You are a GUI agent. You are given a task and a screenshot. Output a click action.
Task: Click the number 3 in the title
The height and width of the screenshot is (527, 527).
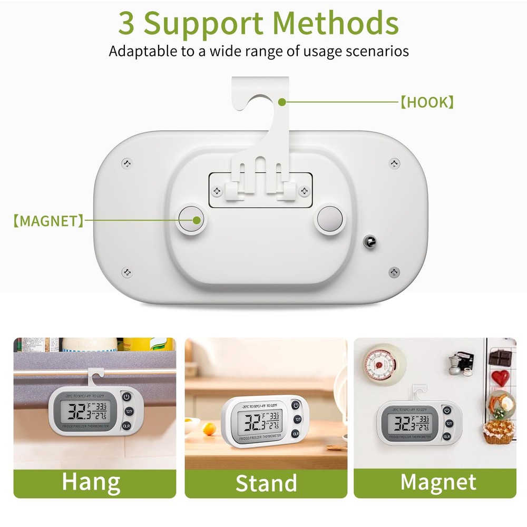(x=126, y=23)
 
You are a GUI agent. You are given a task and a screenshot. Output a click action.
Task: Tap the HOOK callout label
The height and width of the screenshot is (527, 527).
(x=427, y=102)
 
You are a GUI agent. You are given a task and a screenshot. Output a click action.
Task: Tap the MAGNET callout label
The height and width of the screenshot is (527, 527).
(x=48, y=221)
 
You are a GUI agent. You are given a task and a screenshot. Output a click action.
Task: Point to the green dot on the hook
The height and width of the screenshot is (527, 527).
(x=282, y=101)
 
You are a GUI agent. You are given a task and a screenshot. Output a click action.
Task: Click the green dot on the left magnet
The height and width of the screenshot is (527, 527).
(x=197, y=221)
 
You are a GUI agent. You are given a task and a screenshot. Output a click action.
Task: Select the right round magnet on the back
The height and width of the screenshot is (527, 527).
(x=329, y=218)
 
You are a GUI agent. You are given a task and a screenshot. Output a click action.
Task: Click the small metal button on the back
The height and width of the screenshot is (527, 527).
(x=369, y=241)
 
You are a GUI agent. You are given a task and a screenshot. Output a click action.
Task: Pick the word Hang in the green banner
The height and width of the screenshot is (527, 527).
(x=91, y=481)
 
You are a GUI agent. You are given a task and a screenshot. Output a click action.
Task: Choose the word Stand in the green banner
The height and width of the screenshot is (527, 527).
(x=266, y=483)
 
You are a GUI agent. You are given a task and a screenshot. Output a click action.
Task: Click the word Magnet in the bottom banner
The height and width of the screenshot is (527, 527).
(x=438, y=482)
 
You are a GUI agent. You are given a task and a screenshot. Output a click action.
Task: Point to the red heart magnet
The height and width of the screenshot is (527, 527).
(x=501, y=376)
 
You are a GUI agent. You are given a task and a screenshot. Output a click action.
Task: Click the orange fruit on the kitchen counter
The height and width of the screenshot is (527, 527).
(x=209, y=424)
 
